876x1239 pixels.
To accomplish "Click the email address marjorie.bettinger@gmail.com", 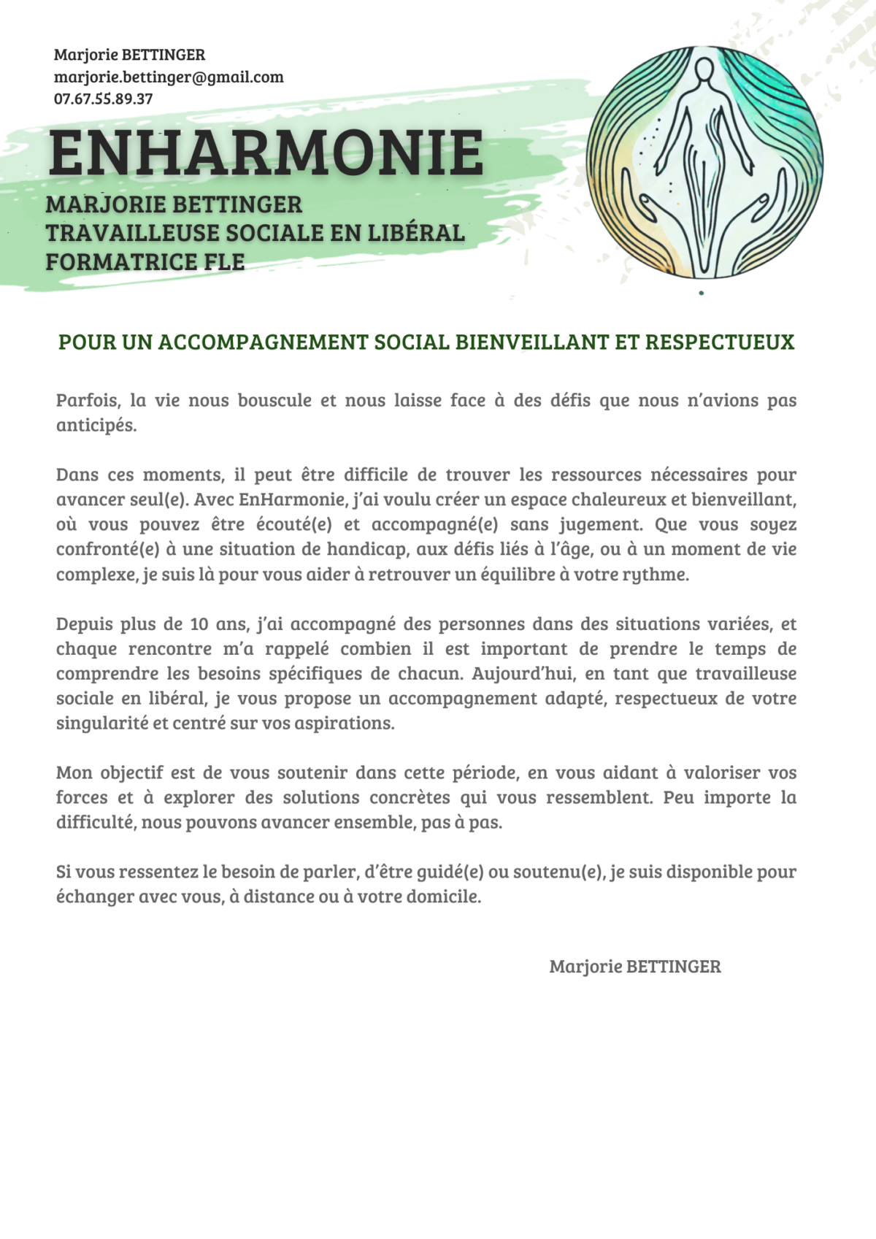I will (x=169, y=77).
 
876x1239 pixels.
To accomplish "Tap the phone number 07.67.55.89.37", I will (x=103, y=99).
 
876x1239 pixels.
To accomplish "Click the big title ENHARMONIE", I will (x=266, y=153).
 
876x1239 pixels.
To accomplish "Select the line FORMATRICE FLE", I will (x=145, y=261).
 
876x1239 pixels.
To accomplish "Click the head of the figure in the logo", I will (x=704, y=72).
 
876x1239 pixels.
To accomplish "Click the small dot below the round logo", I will (x=702, y=294).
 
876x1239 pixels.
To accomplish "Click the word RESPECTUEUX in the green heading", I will (x=720, y=342).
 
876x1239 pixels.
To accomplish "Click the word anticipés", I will (x=96, y=425).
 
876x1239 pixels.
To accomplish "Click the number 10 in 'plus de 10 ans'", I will (x=199, y=624).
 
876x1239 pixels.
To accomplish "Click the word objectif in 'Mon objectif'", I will (x=132, y=772).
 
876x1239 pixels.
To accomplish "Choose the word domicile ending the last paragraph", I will (x=443, y=897).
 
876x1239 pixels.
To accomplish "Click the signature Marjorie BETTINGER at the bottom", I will (x=634, y=967).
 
